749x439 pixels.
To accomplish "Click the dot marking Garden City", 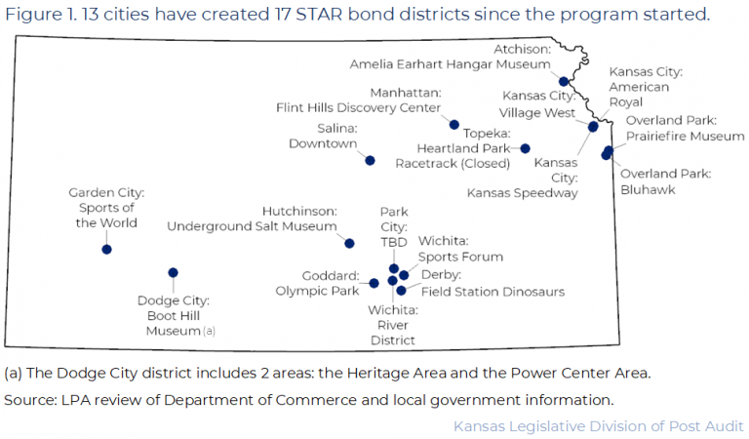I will coord(106,250).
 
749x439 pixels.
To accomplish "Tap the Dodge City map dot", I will coord(173,273).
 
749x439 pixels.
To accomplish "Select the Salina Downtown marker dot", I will coord(370,160).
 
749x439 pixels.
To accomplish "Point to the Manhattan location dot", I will coord(453,125).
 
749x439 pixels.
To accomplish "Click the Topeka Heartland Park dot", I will coord(525,148).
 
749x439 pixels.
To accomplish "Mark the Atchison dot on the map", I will coord(564,81).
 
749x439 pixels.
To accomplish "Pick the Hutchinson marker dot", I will coord(350,243).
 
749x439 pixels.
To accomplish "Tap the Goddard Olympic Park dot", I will coord(374,284).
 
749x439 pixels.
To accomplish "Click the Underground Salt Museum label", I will coord(252,226).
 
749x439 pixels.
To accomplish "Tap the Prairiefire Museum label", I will coord(685,137).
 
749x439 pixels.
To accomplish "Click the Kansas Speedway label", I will coord(522,193).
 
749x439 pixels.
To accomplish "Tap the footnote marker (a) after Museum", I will coord(209,332).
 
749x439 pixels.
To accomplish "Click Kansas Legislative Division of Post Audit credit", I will coord(598,426).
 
